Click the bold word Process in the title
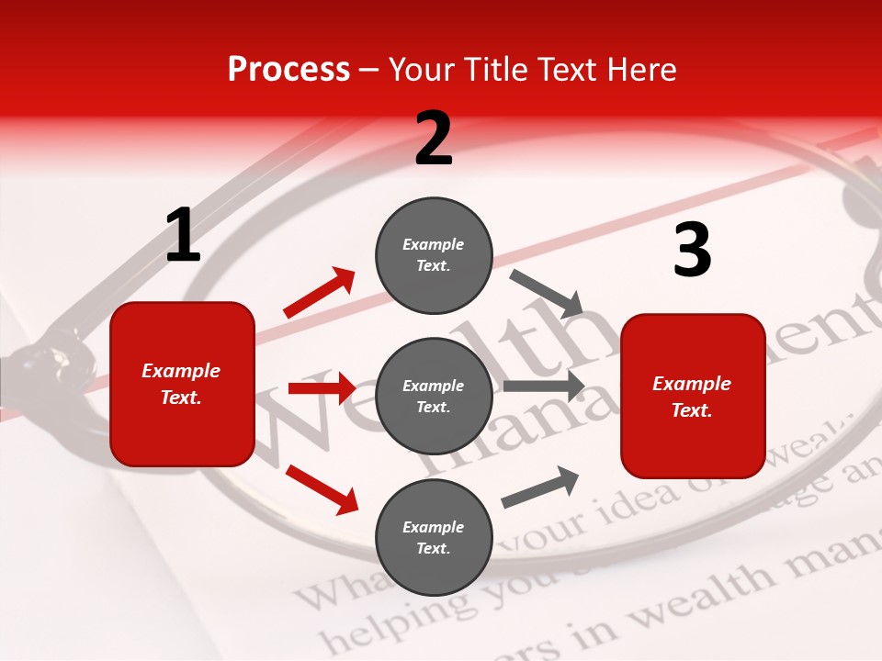coord(288,70)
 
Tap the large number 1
coord(183,236)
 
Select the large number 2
coord(434,140)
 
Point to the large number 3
coord(692,251)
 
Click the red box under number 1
coord(182,384)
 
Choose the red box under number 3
coord(693,396)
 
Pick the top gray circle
coord(434,255)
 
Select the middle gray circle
coord(434,396)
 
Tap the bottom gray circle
coord(434,537)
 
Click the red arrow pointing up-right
coord(319,293)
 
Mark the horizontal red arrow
coord(322,388)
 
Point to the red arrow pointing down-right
coord(322,488)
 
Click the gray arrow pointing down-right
coord(547,292)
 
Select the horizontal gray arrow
coord(543,387)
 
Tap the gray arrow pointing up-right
coord(540,487)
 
